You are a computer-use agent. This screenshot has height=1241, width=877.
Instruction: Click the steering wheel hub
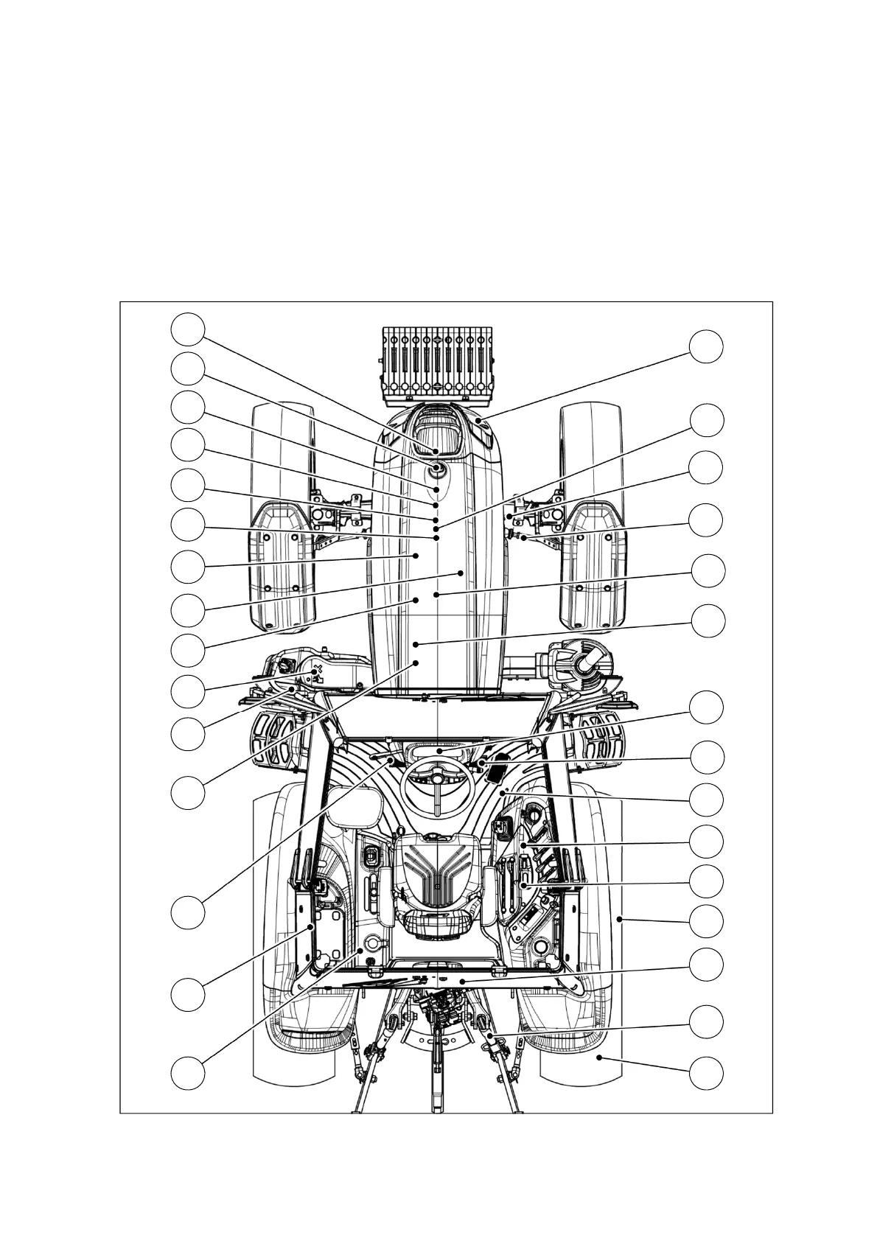(436, 778)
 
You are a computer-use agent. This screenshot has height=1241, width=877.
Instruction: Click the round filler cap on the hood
(437, 468)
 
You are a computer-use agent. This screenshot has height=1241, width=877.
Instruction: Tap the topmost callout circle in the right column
(706, 346)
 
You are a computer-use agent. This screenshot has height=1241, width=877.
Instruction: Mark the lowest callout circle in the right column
(706, 1072)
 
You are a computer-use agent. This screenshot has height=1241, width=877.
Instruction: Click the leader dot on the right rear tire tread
(600, 1058)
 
